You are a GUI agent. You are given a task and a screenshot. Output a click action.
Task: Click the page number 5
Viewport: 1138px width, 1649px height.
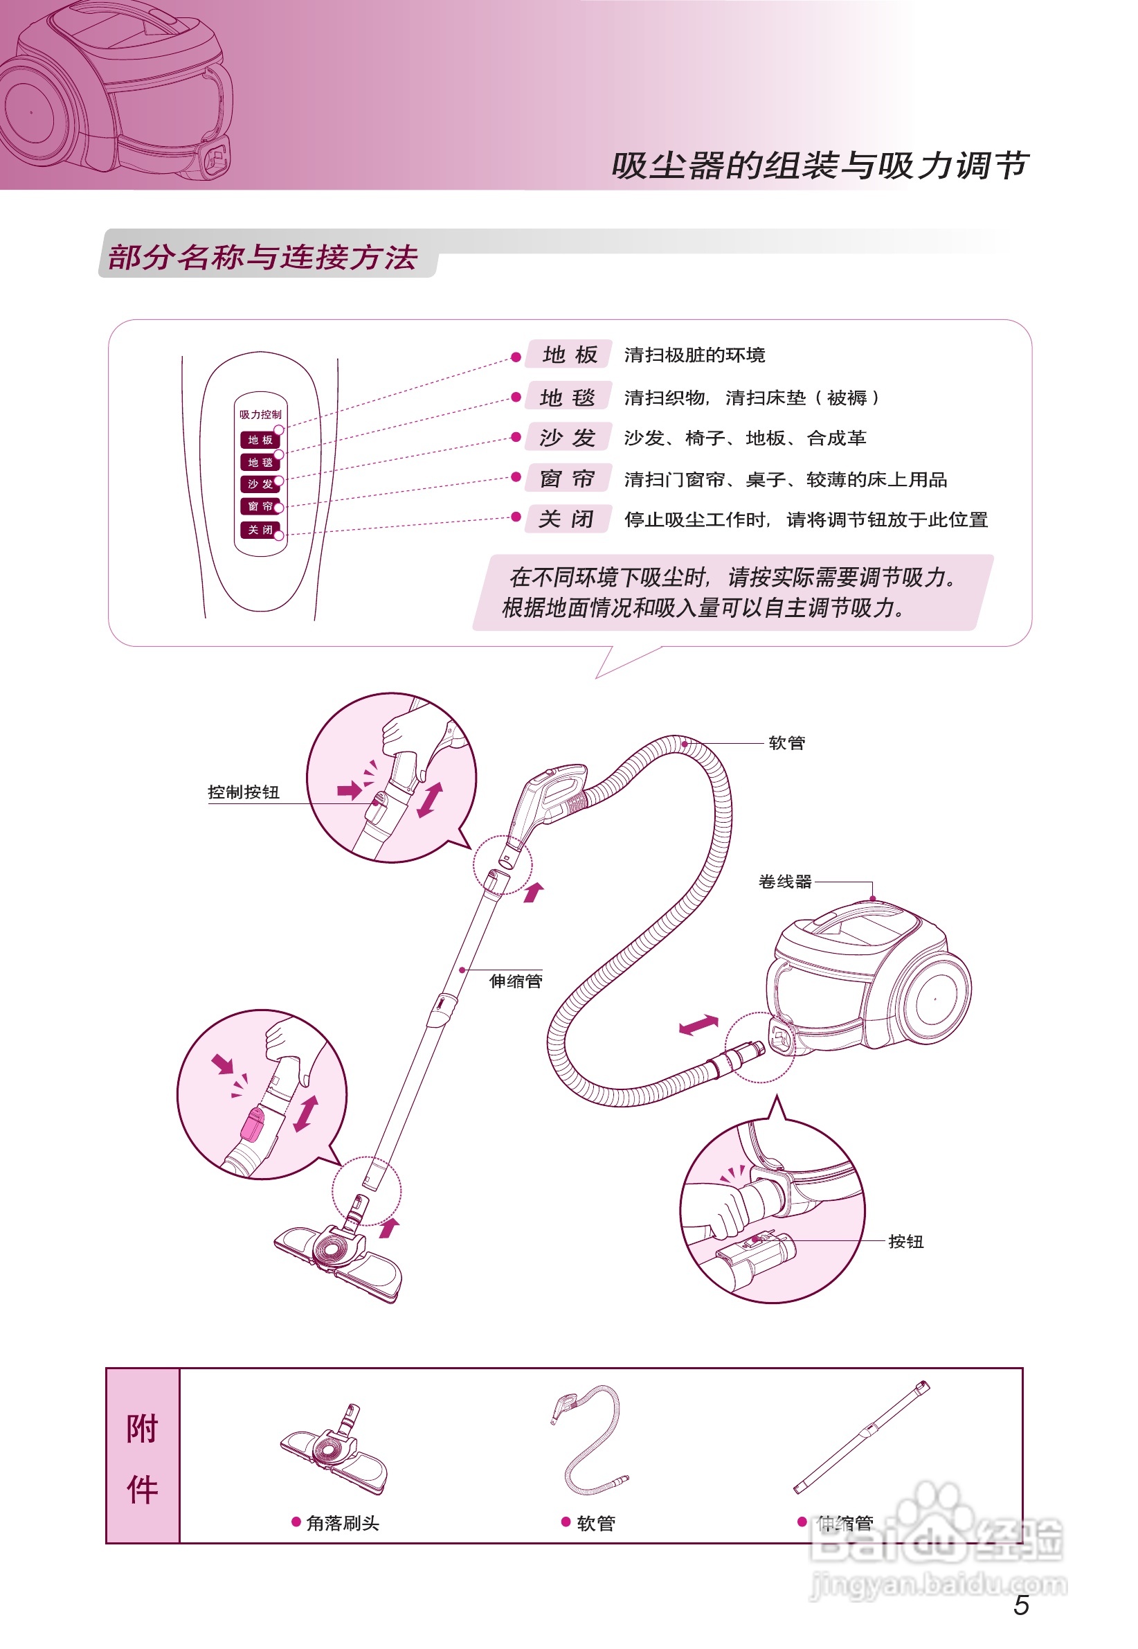pyautogui.click(x=1020, y=1605)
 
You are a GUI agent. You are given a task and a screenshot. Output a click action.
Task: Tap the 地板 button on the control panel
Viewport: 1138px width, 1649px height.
pyautogui.click(x=260, y=440)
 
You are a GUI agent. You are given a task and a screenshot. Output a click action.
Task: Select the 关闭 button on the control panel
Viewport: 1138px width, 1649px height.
pyautogui.click(x=260, y=530)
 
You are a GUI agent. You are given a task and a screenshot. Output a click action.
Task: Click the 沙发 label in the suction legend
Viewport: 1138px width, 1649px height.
pyautogui.click(x=568, y=437)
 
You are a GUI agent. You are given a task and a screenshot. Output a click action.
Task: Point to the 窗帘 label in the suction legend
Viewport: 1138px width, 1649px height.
pyautogui.click(x=568, y=478)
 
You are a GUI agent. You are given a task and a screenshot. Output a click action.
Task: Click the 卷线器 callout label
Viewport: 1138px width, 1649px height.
pyautogui.click(x=785, y=882)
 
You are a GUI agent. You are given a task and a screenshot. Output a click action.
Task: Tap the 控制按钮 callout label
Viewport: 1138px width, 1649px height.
pyautogui.click(x=243, y=792)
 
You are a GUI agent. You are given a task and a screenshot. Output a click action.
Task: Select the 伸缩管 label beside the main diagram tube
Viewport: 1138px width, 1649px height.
pyautogui.click(x=516, y=981)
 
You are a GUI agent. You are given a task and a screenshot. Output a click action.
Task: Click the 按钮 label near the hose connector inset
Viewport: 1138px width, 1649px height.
pyautogui.click(x=905, y=1242)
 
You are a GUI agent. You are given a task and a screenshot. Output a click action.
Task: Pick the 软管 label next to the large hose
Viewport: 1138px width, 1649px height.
pyautogui.click(x=786, y=743)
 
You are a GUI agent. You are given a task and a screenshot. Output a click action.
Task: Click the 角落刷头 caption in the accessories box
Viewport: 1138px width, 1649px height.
pyautogui.click(x=342, y=1524)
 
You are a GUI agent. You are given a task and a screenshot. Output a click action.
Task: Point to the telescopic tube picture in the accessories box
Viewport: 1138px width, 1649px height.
pyautogui.click(x=861, y=1437)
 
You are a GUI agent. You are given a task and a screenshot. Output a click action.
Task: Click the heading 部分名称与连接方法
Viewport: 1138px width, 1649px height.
pyautogui.click(x=262, y=257)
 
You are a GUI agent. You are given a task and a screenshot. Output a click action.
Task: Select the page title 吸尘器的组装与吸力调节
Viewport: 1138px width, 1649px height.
pyautogui.click(x=820, y=166)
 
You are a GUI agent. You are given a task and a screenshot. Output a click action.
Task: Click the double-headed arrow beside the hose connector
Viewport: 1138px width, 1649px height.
pyautogui.click(x=698, y=1025)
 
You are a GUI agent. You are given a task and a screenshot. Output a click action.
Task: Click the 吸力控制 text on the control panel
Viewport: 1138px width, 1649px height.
pyautogui.click(x=260, y=414)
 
